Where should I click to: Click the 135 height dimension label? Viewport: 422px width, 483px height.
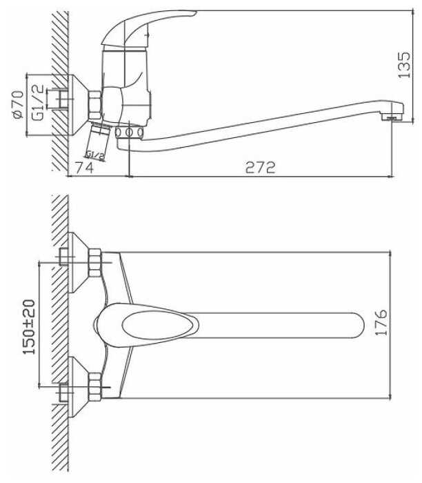pos(404,65)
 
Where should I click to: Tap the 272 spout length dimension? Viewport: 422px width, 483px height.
pos(260,168)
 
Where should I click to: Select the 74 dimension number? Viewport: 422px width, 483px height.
pos(84,168)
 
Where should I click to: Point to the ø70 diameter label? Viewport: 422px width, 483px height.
pos(18,104)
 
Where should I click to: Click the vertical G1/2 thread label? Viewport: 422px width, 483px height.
pos(37,103)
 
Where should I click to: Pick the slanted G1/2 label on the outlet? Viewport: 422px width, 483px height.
pos(95,155)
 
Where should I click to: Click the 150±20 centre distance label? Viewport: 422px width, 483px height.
pos(29,327)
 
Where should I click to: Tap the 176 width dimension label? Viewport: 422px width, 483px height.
pos(381,322)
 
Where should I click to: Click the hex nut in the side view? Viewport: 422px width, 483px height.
pos(94,106)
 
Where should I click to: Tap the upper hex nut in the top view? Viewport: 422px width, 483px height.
pos(94,263)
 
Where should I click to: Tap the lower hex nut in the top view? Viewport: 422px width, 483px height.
pos(94,387)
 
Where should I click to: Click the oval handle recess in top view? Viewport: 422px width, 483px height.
pos(161,326)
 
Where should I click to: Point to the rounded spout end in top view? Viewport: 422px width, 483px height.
pos(357,326)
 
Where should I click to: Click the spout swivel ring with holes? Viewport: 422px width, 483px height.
pos(130,132)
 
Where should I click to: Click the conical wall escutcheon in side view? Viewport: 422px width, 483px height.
pos(78,105)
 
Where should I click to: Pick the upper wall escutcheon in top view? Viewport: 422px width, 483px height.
pos(78,262)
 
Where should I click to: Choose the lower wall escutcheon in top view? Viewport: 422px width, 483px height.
pos(78,387)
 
